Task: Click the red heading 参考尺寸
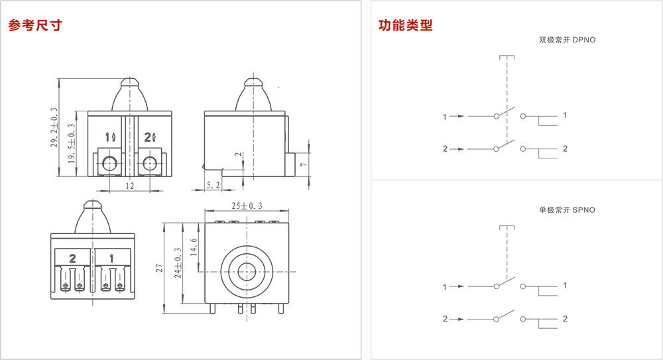(34, 26)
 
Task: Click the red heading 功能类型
(405, 26)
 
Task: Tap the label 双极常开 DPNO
(567, 40)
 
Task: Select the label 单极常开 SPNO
(567, 210)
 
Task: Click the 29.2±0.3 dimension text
(54, 128)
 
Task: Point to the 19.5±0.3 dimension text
(71, 144)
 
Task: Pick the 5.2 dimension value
(213, 186)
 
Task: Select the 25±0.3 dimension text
(247, 207)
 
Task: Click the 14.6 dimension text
(194, 248)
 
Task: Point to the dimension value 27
(159, 269)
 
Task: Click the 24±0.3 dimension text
(178, 263)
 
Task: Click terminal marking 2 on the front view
(148, 137)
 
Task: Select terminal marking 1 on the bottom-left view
(111, 257)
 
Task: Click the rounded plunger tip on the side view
(252, 84)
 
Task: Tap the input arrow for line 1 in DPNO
(457, 117)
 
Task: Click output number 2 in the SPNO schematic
(565, 319)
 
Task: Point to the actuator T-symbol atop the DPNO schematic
(507, 58)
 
